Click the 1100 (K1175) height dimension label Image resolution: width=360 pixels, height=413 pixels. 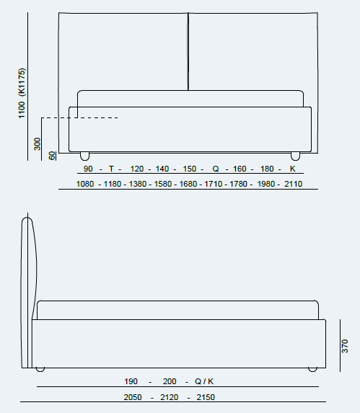tap(22, 93)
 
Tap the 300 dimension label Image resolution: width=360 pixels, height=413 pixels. tap(38, 144)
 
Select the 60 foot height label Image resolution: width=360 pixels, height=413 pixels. tap(52, 156)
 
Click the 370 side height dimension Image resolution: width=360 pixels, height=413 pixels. tap(345, 346)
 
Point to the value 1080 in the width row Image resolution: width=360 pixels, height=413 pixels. tap(85, 184)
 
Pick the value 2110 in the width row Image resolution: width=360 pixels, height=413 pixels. tap(293, 184)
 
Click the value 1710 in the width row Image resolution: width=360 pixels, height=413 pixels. tap(214, 184)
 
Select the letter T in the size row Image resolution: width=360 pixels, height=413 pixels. tap(111, 169)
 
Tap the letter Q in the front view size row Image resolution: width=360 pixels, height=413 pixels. tap(216, 169)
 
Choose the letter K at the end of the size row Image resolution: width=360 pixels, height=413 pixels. tap(292, 169)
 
